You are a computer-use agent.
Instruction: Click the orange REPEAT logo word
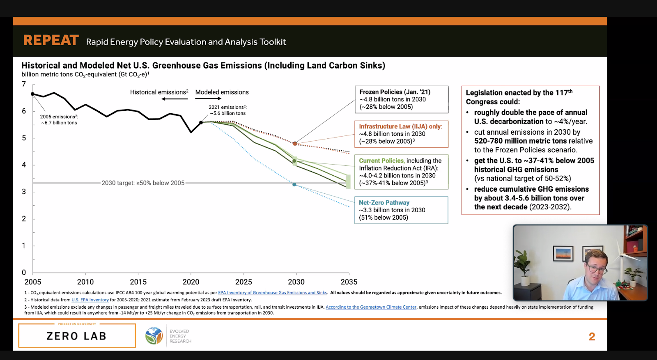pyautogui.click(x=51, y=41)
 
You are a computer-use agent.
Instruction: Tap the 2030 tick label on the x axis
pyautogui.click(x=296, y=282)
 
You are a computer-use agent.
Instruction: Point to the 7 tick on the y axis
pyautogui.click(x=24, y=84)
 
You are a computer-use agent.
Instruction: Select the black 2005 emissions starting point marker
pyautogui.click(x=32, y=94)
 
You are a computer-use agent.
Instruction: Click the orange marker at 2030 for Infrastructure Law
pyautogui.click(x=295, y=144)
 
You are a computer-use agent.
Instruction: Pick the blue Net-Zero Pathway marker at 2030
pyautogui.click(x=294, y=184)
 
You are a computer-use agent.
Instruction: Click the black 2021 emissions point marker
pyautogui.click(x=201, y=123)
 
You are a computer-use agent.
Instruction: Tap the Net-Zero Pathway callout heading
pyautogui.click(x=384, y=202)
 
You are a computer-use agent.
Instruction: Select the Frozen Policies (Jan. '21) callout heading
pyautogui.click(x=395, y=92)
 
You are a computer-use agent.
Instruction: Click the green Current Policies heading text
pyautogui.click(x=381, y=161)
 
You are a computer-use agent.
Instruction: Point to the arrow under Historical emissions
pyautogui.click(x=175, y=99)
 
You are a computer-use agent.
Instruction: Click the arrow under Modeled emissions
pyautogui.click(x=208, y=99)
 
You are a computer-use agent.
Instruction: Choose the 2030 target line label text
pyautogui.click(x=143, y=183)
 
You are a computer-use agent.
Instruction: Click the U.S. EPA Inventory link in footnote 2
pyautogui.click(x=90, y=300)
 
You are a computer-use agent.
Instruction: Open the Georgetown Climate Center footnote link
pyautogui.click(x=371, y=307)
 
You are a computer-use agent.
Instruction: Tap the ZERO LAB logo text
pyautogui.click(x=76, y=336)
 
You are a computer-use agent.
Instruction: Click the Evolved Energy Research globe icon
pyautogui.click(x=154, y=336)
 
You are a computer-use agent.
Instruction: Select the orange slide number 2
pyautogui.click(x=592, y=337)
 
